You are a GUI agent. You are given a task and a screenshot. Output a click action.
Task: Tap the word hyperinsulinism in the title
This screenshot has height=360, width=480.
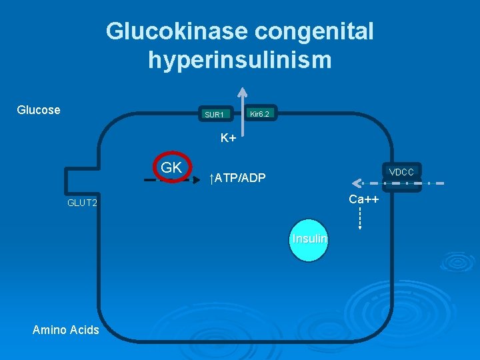[x=240, y=60]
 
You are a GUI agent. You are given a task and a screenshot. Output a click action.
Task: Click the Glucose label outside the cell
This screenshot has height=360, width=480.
[x=38, y=109]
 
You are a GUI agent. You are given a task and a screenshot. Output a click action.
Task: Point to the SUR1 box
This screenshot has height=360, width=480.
[x=215, y=115]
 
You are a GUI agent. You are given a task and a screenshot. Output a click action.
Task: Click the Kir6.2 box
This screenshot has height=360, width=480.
[x=259, y=114]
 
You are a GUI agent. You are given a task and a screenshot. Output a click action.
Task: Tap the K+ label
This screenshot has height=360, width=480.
[x=229, y=139]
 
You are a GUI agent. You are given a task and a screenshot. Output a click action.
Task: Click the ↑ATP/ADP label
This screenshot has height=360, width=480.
[x=237, y=178]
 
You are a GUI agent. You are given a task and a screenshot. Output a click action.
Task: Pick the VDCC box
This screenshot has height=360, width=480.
[x=401, y=173]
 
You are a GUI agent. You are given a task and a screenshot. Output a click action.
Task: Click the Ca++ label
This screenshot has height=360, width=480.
[x=363, y=199]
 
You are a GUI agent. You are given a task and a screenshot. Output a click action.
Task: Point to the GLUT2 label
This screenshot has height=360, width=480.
[x=82, y=203]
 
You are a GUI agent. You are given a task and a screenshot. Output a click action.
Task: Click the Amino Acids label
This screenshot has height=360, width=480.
[x=65, y=330]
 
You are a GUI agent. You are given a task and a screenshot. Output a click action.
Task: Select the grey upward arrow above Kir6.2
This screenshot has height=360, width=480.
[x=243, y=100]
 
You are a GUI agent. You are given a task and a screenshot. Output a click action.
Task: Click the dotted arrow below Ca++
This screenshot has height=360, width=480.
[x=359, y=219]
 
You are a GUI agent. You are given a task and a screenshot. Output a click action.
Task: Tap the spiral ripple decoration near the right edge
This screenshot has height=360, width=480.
[x=460, y=260]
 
